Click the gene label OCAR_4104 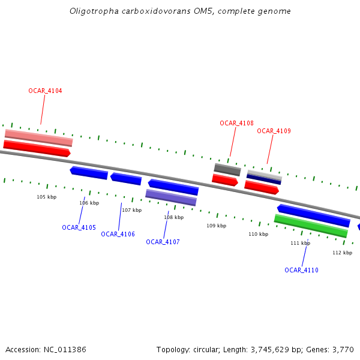coord(45,91)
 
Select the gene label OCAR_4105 coord(79,227)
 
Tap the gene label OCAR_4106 coord(118,234)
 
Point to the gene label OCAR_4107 coord(163,242)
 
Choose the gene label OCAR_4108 coord(236,123)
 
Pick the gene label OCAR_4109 coord(274,131)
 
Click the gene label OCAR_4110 coord(301,270)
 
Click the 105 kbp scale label coord(46,197)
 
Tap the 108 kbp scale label coord(173,217)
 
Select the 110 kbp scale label coord(258,234)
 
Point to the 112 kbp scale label coord(342,253)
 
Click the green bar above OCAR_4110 coord(311,226)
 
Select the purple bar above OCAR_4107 coord(171,197)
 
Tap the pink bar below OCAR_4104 coord(38,137)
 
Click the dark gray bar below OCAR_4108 coord(227,169)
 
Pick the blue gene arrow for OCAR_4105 coord(89,173)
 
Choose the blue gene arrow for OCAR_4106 coord(126,179)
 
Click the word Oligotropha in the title coord(89,11)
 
